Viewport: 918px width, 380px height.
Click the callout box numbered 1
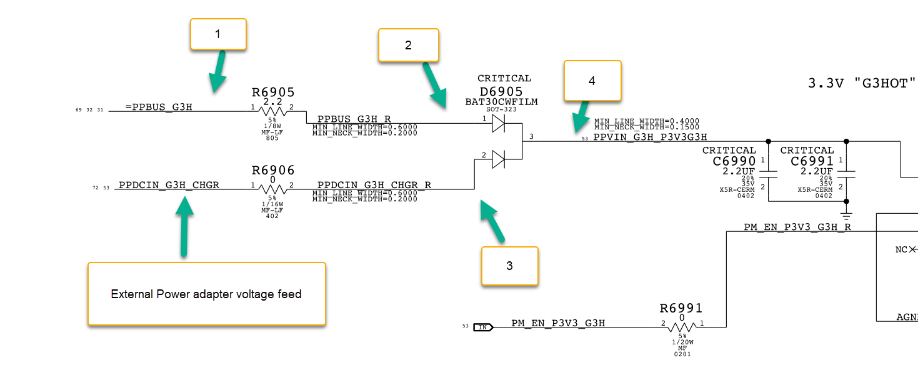coord(218,34)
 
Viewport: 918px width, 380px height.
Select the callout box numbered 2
coord(408,45)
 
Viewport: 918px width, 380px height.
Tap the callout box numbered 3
coord(509,266)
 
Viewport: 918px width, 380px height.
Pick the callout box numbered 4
coord(592,80)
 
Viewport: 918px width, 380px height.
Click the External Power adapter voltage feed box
coord(206,294)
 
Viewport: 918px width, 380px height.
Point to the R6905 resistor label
coord(272,92)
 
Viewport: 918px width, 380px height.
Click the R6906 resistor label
coord(272,170)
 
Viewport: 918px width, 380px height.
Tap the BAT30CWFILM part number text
coord(501,101)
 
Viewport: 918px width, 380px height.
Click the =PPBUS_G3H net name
coord(159,107)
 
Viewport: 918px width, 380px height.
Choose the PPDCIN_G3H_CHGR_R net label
coord(374,185)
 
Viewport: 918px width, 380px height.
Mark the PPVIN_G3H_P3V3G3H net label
coord(650,137)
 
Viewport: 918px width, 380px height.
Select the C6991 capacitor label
coord(812,161)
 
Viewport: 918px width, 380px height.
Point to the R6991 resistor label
coord(681,308)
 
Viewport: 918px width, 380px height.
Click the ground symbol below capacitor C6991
coord(846,216)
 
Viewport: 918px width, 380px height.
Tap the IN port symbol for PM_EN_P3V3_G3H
coord(483,326)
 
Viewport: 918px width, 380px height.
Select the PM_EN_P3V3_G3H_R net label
coord(797,227)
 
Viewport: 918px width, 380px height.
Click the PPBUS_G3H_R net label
coord(354,119)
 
